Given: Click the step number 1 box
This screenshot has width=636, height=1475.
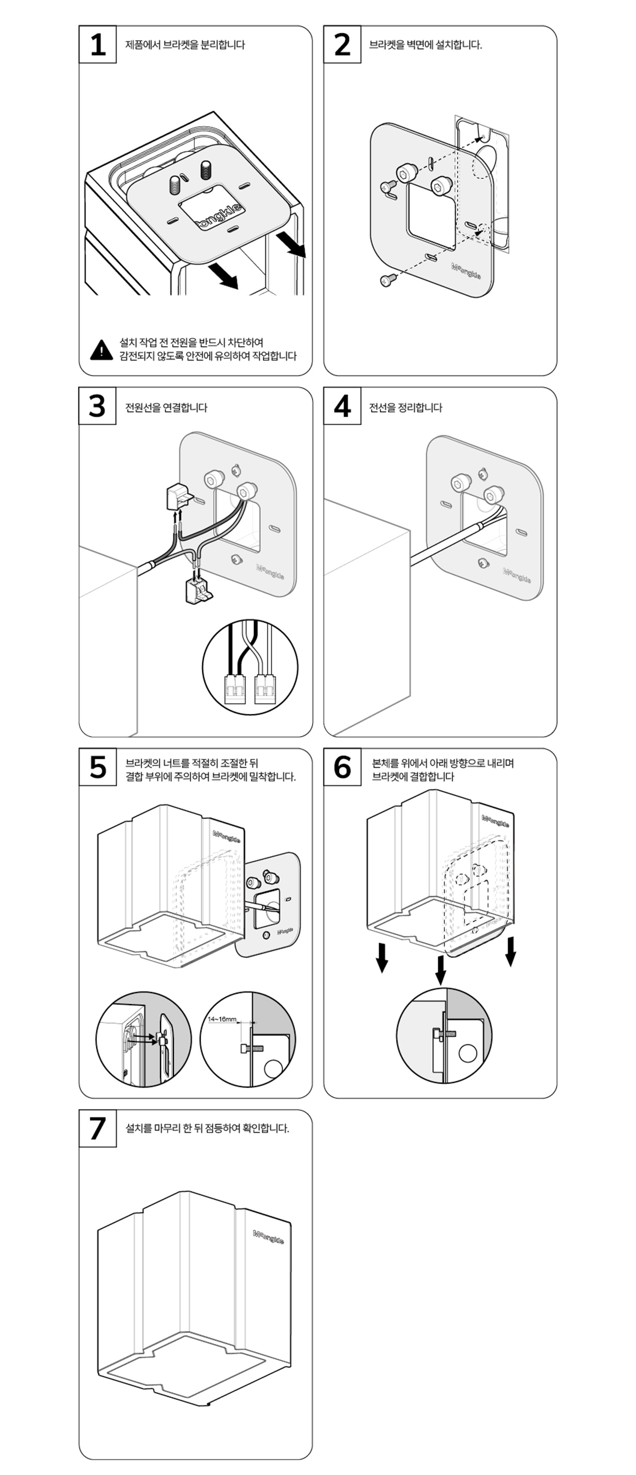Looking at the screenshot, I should [x=97, y=44].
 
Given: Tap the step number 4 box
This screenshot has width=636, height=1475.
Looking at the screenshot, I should [x=342, y=406].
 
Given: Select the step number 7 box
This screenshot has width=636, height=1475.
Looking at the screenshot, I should [x=97, y=1128].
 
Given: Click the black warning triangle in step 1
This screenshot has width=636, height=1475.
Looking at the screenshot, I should [x=101, y=349].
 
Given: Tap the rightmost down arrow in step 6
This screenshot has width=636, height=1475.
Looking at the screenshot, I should [x=510, y=951].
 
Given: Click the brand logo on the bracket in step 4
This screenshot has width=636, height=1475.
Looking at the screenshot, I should [x=517, y=575].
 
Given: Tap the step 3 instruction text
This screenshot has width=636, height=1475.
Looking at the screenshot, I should [x=166, y=408].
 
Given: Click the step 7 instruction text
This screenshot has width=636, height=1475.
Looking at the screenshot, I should [x=207, y=1128].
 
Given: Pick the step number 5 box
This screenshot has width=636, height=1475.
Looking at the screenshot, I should [x=97, y=767].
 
